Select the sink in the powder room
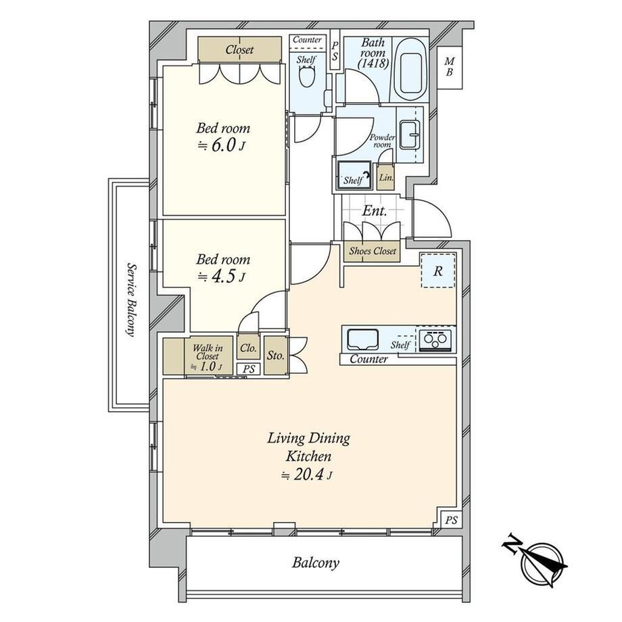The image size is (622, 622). click(409, 135)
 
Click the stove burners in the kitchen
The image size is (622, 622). click(435, 339)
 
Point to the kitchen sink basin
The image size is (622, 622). click(363, 339)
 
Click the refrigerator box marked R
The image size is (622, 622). click(438, 270)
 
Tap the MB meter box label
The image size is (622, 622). click(450, 67)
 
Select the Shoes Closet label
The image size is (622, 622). click(373, 251)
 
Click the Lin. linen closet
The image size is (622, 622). click(385, 177)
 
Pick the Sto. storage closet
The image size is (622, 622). click(275, 355)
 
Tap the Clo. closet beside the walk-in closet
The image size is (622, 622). click(248, 348)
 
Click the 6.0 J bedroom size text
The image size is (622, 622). click(221, 145)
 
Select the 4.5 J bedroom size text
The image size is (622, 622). click(221, 277)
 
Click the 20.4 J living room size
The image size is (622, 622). click(306, 475)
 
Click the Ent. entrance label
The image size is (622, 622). click(375, 211)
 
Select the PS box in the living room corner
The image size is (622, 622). click(451, 520)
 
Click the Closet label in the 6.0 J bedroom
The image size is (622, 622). click(239, 49)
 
